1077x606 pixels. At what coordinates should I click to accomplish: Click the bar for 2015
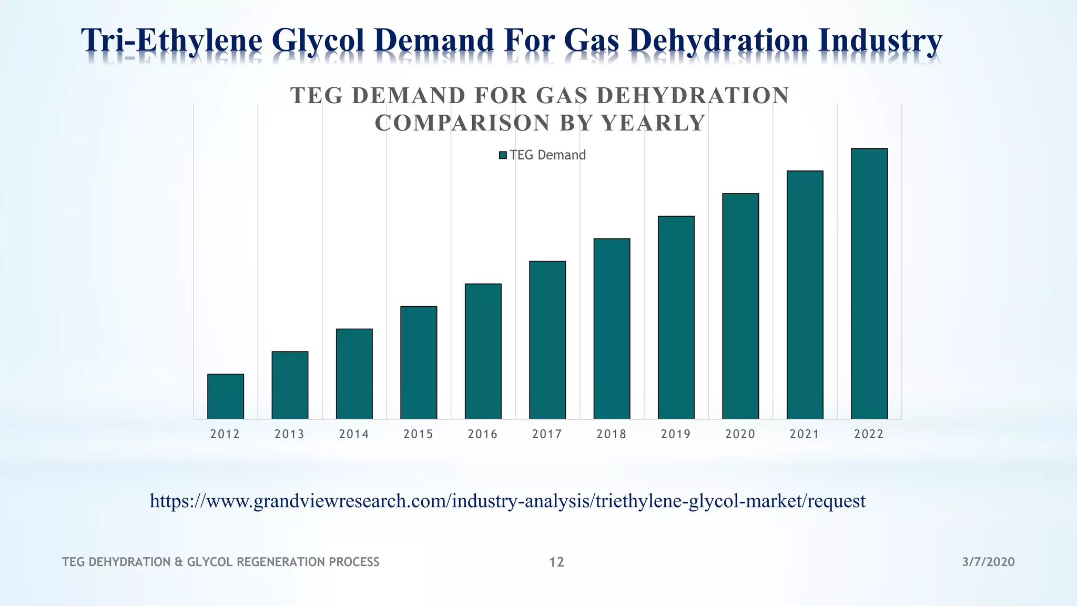[419, 362]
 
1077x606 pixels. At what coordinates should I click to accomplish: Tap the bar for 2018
[612, 329]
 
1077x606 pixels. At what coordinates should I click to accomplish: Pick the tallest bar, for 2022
[869, 284]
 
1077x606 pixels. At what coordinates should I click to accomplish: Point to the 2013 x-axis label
[289, 434]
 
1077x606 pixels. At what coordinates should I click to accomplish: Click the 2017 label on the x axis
[547, 434]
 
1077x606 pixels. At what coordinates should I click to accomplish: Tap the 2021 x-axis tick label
[805, 434]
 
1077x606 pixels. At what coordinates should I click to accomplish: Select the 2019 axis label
[676, 434]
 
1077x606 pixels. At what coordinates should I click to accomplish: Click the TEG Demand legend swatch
[503, 155]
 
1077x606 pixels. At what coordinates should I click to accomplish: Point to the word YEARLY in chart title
[653, 123]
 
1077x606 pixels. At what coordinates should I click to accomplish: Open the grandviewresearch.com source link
[507, 500]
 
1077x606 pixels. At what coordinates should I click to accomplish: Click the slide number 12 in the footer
[556, 562]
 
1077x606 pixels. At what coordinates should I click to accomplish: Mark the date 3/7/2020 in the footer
[988, 562]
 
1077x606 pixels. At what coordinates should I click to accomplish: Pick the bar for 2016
[483, 351]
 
